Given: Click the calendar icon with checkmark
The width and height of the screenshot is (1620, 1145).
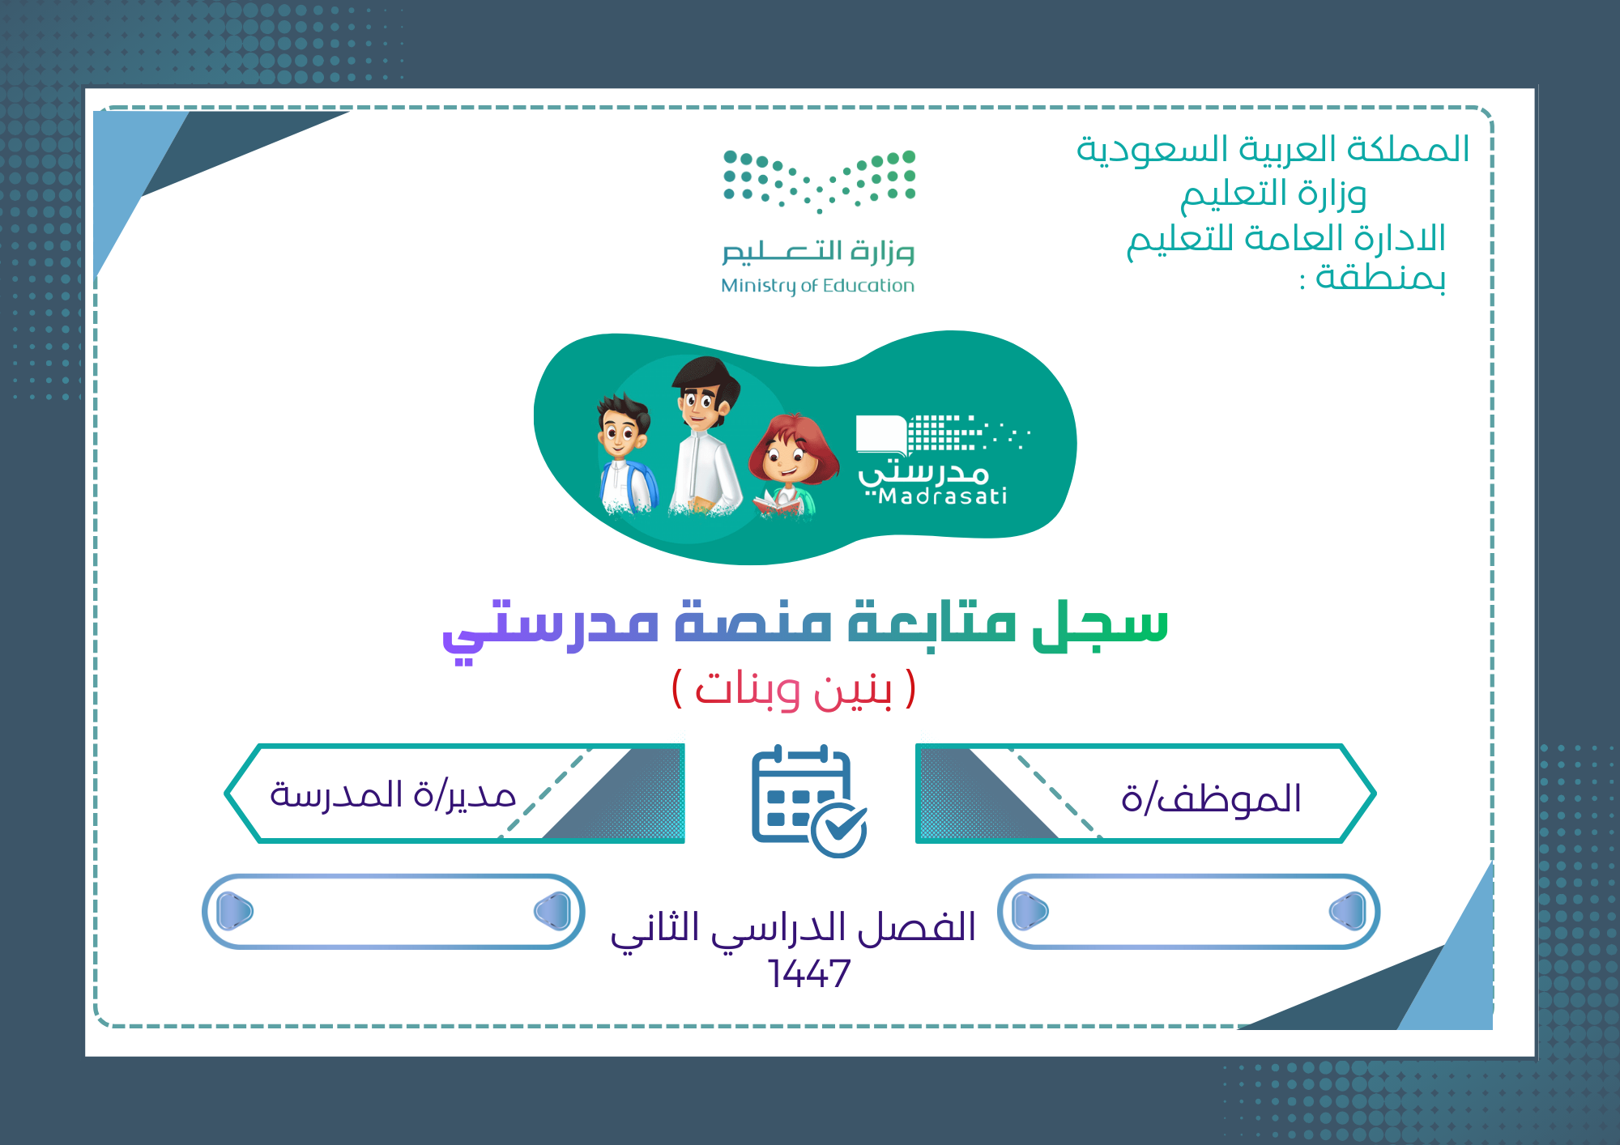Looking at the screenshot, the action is tap(808, 800).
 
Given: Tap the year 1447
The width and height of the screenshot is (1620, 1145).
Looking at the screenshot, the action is tap(808, 973).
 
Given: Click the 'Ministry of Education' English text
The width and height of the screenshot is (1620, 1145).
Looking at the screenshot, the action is tap(817, 286).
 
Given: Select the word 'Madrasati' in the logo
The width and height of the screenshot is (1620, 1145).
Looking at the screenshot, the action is tap(943, 496).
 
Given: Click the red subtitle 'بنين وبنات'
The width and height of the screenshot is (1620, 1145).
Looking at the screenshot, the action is tap(794, 689).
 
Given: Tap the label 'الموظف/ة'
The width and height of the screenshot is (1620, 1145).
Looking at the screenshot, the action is tap(1211, 798).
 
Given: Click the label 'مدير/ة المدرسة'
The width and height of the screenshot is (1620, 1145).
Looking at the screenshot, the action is tap(393, 794).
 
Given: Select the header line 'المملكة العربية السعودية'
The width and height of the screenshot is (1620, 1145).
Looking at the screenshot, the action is tap(1273, 149).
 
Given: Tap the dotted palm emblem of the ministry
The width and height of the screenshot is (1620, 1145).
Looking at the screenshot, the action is tap(819, 181).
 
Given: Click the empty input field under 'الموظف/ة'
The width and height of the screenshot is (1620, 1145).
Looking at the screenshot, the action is tap(1188, 911).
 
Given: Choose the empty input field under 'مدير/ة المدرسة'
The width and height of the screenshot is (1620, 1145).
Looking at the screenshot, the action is tap(393, 911).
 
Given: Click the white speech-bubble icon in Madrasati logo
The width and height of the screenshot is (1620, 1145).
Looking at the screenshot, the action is tap(881, 436).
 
